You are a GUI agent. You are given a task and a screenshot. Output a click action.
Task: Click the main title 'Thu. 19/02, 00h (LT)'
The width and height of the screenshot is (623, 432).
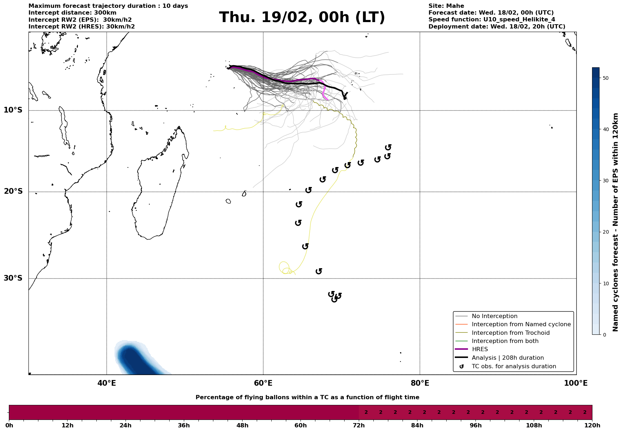click(302, 17)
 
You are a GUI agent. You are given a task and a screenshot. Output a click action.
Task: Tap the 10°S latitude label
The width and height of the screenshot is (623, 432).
click(13, 110)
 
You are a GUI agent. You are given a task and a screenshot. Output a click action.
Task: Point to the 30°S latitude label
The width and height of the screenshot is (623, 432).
click(13, 278)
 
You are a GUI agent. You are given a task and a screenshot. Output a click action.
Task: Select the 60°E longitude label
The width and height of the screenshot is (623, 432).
click(263, 383)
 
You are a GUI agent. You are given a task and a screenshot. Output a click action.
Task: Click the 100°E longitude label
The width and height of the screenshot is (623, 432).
click(576, 383)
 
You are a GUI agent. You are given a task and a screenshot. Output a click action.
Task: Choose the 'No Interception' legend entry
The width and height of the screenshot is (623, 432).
click(494, 316)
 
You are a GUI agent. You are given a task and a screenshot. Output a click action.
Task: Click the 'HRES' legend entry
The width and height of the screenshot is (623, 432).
click(480, 349)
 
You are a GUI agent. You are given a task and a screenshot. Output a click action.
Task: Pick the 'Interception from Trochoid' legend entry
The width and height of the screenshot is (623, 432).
click(510, 333)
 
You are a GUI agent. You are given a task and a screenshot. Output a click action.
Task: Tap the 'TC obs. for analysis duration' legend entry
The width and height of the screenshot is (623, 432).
click(513, 366)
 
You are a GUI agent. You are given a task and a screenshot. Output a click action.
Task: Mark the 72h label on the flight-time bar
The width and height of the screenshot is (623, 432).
click(359, 426)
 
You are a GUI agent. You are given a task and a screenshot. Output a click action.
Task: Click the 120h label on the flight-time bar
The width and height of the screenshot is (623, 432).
click(592, 426)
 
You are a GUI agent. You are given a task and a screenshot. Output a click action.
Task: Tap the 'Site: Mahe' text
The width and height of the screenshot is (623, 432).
click(446, 6)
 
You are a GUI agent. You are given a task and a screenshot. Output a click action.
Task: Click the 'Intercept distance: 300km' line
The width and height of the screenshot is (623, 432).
click(73, 13)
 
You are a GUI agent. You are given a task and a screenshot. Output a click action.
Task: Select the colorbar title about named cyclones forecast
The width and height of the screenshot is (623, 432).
click(616, 222)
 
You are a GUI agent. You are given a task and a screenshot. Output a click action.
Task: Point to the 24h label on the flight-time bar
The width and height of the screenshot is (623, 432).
click(126, 426)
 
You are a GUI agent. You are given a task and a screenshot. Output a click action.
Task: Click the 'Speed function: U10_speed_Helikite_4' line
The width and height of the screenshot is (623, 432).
click(491, 20)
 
